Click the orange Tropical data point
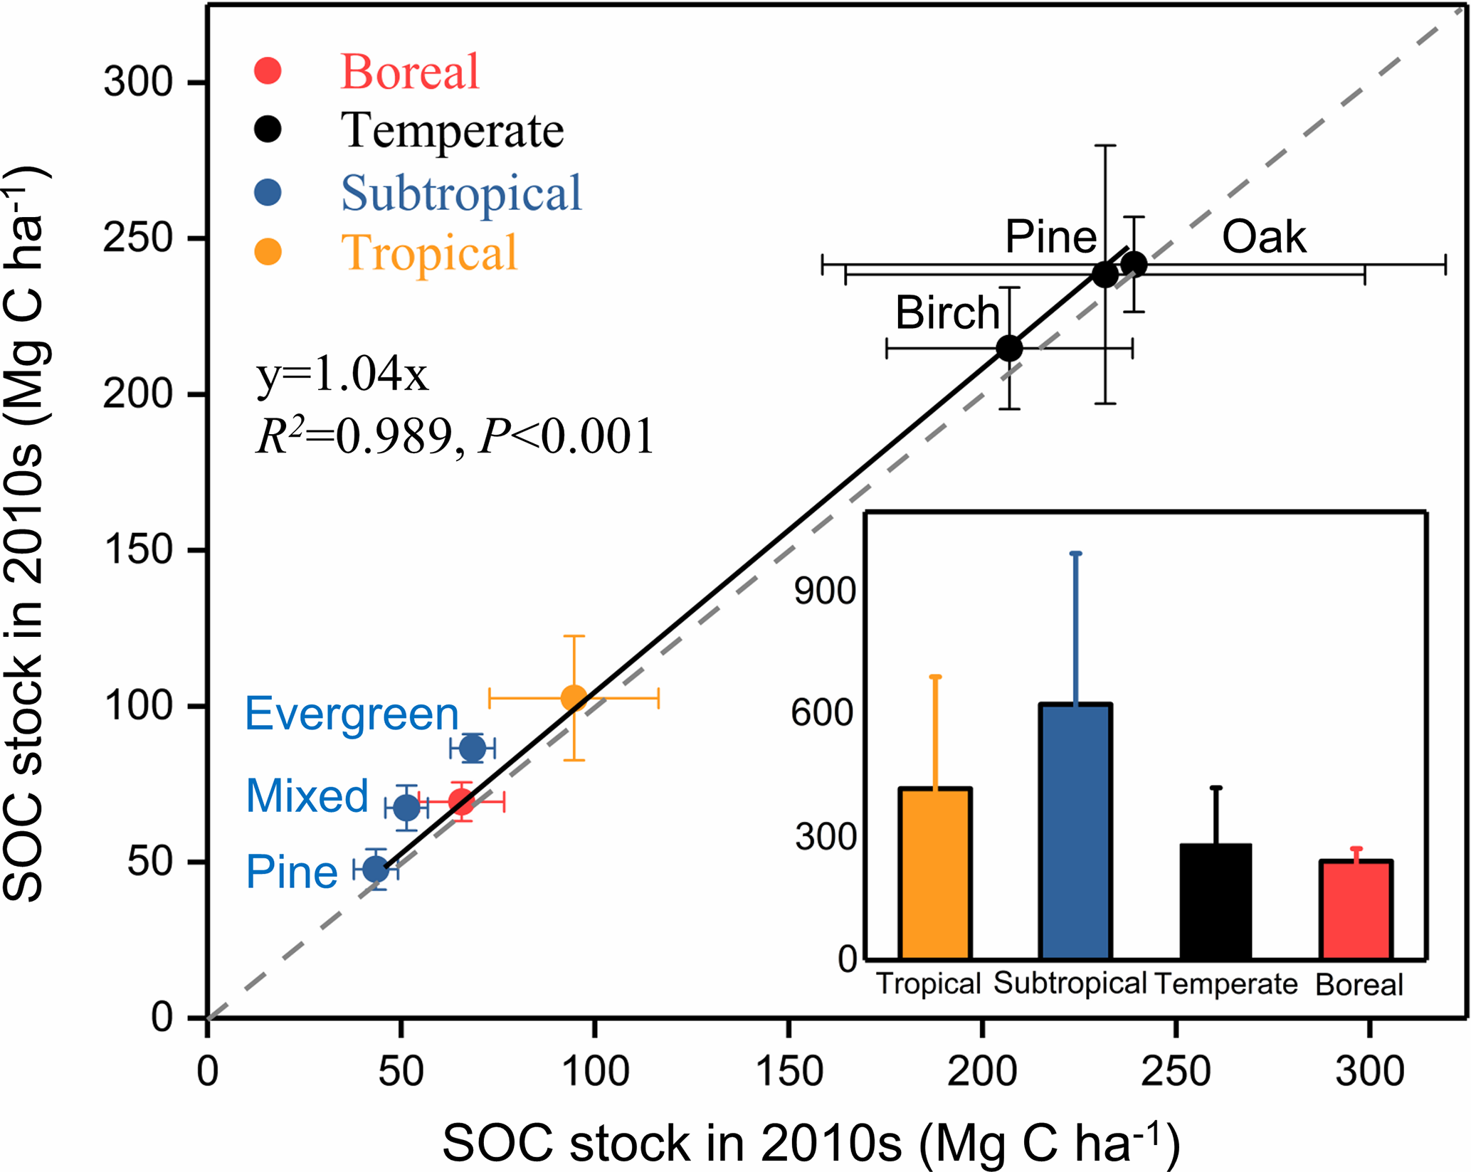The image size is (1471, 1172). pyautogui.click(x=574, y=698)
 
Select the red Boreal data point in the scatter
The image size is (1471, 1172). pyautogui.click(x=461, y=803)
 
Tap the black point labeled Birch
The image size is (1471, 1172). pyautogui.click(x=1009, y=348)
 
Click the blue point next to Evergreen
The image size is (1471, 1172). pyautogui.click(x=473, y=748)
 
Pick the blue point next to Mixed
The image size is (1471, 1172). pyautogui.click(x=406, y=808)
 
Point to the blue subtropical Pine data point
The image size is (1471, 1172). pyautogui.click(x=376, y=869)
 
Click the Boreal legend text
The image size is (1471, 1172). pyautogui.click(x=410, y=72)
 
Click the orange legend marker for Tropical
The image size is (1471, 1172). pyautogui.click(x=268, y=251)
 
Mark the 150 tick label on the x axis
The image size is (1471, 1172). pyautogui.click(x=789, y=1071)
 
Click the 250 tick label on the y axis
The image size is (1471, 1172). pyautogui.click(x=138, y=238)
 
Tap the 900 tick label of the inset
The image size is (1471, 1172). pyautogui.click(x=824, y=591)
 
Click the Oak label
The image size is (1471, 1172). pyautogui.click(x=1264, y=237)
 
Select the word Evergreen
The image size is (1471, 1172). pyautogui.click(x=352, y=714)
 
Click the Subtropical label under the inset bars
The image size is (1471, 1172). pyautogui.click(x=1070, y=983)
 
